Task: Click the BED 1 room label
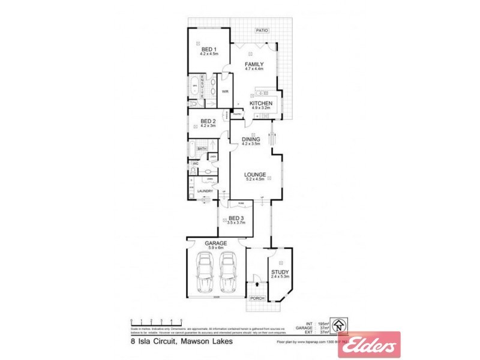click(x=208, y=49)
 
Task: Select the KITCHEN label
click(x=261, y=103)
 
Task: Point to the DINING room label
click(x=251, y=139)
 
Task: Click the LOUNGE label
click(x=255, y=175)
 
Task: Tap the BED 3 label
click(x=235, y=218)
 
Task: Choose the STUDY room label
click(x=280, y=272)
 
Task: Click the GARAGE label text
click(x=216, y=243)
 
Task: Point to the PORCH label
click(x=257, y=298)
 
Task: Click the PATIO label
click(x=261, y=30)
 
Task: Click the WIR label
click(x=225, y=91)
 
